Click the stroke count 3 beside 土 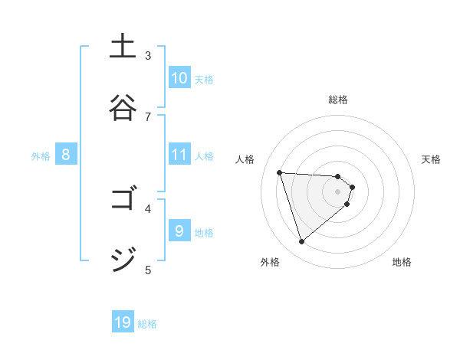[x=148, y=56]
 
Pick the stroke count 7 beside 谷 [x=148, y=116]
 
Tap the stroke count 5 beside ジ [x=148, y=269]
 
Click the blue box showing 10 [x=179, y=78]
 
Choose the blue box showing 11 [x=179, y=155]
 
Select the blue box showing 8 [x=66, y=155]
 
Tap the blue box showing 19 [x=123, y=322]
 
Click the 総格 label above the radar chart [x=338, y=100]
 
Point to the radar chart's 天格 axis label [x=431, y=159]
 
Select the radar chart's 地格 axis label [x=402, y=262]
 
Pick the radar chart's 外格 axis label [x=270, y=262]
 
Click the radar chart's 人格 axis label [x=245, y=159]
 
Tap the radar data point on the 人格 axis [x=280, y=172]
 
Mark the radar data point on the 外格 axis [x=302, y=242]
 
